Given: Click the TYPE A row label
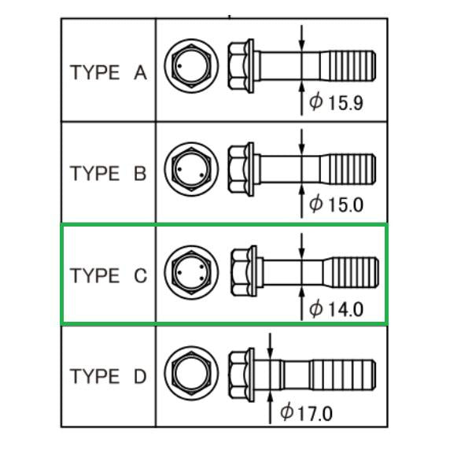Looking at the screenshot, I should (x=108, y=73).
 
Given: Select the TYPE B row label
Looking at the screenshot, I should (x=108, y=173).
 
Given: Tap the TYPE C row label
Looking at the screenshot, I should (x=108, y=276).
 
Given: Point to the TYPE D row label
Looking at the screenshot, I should (x=108, y=376).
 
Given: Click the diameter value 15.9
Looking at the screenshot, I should (x=345, y=103).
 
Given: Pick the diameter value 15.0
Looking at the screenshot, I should (x=345, y=205).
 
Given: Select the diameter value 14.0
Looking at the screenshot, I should (x=345, y=308).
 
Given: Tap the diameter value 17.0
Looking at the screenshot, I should (x=315, y=412).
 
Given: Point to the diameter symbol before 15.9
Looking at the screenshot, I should (x=316, y=103).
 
